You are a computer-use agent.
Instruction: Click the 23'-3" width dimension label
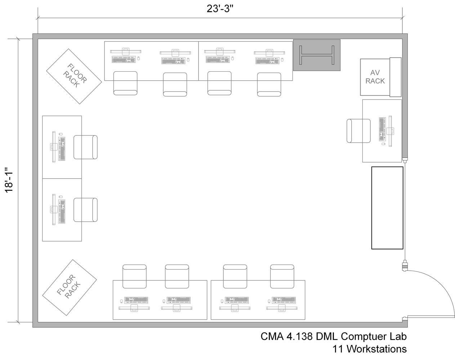coord(220,9)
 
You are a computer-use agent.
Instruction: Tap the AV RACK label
coord(375,77)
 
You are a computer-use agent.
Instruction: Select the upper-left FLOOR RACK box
coord(74,76)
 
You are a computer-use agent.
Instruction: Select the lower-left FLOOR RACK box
coord(70,287)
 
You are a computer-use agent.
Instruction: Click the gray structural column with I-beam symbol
coord(317,55)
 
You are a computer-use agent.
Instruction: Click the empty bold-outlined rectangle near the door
coord(387,208)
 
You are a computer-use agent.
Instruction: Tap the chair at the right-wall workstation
coord(358,131)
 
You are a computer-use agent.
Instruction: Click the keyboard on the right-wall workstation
coord(382,129)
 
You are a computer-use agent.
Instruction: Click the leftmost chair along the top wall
coord(125,83)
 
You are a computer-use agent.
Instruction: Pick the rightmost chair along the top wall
coord(269,85)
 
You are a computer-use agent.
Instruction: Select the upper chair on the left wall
coord(86,147)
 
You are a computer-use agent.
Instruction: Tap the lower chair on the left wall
coord(86,210)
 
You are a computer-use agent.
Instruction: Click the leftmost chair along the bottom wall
coord(134,276)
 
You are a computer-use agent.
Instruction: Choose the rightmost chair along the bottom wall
coord(282,276)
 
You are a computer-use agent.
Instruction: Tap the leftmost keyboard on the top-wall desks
coord(124,59)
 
